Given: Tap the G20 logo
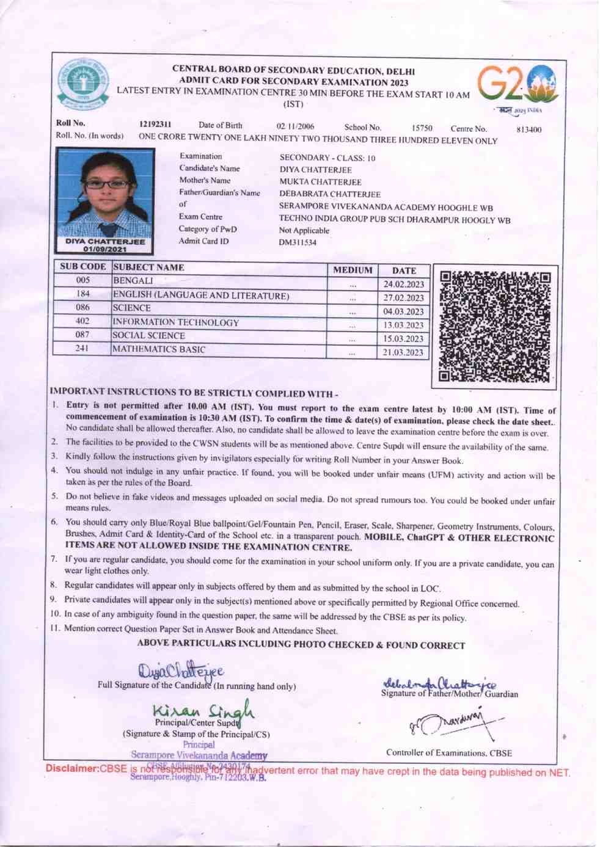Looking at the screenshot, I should coord(518,85).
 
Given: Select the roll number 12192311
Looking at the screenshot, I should coord(155,125).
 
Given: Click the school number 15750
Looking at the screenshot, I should coord(422,128).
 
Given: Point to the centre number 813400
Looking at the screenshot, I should coord(529,129).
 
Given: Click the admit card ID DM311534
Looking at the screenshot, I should coord(298,242).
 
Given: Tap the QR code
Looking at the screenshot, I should coord(494,327).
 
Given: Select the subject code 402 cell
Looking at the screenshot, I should coord(82,321).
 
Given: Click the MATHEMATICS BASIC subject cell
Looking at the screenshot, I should coord(159,349).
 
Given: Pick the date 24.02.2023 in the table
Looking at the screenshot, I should coord(403,285).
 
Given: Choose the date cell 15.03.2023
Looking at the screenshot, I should coord(403,339).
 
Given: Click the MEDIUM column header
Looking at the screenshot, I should coord(353,270).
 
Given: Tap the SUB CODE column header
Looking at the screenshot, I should coord(83,267).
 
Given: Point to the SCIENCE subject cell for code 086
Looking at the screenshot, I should coord(131,308).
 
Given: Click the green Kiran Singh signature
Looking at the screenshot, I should coord(203,710).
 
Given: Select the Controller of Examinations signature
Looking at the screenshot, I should coord(455,724).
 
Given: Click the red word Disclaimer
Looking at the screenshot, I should coord(72,768).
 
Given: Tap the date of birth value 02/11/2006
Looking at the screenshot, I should coord(295,126).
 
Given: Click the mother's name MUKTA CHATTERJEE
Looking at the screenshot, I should coord(320,182).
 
